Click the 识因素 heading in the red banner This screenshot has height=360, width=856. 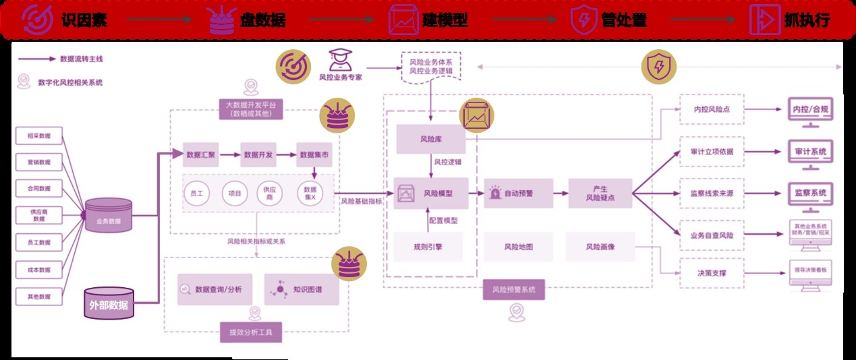pos(80,20)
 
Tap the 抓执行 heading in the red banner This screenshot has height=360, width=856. pos(806,20)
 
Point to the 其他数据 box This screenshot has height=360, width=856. pos(38,297)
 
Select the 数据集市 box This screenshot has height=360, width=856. pos(315,155)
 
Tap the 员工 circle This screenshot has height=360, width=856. pos(198,193)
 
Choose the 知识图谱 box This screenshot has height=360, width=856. pos(302,289)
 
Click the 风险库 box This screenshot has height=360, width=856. pos(430,140)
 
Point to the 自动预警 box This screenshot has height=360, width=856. pos(518,193)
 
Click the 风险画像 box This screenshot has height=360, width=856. pos(600,247)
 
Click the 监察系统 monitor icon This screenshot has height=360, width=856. pos(809,194)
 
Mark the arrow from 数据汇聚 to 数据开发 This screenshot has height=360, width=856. pos(231,155)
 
